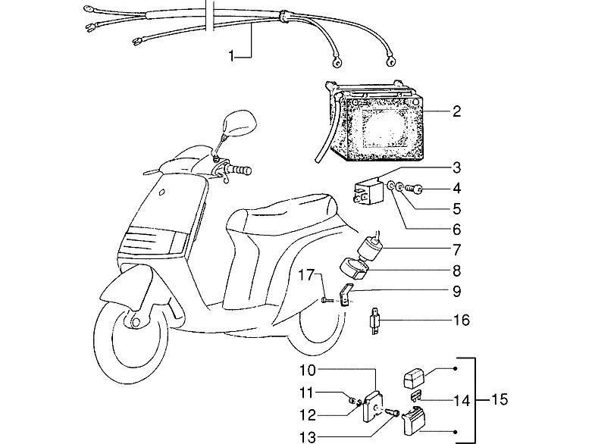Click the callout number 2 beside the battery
[456, 111]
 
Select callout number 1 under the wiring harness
[231, 57]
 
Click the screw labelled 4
[414, 188]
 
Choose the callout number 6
[456, 229]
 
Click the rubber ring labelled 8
[354, 268]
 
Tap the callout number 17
[306, 275]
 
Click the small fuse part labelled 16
[374, 320]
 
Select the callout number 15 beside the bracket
[499, 399]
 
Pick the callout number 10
[307, 371]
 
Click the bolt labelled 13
[393, 412]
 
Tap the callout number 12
[307, 415]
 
